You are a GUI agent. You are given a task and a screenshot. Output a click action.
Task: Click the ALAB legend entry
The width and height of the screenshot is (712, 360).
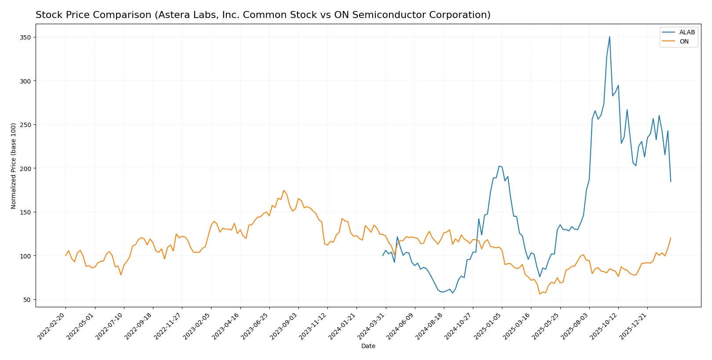pos(687,32)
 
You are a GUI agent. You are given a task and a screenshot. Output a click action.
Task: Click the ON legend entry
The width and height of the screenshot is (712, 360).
pos(684,41)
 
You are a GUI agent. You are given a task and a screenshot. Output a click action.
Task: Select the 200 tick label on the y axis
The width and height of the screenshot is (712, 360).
pos(25,168)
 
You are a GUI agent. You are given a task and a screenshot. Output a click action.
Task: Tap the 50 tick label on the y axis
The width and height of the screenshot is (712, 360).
pos(27,300)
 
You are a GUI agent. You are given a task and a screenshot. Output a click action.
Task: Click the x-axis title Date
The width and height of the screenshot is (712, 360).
pos(368,346)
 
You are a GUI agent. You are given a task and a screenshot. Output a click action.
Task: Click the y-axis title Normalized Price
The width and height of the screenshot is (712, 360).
pos(14,166)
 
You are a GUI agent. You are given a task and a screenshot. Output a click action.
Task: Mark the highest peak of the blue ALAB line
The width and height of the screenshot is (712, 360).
pos(610,36)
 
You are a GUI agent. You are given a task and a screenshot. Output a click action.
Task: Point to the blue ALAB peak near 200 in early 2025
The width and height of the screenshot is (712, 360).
pos(499,166)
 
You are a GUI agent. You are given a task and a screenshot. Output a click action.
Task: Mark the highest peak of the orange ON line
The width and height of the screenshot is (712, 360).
pos(283,190)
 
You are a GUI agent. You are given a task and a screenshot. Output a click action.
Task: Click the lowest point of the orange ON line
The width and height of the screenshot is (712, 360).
pos(540,294)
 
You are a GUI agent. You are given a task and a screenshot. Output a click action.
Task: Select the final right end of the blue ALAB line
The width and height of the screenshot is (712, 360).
pos(671,182)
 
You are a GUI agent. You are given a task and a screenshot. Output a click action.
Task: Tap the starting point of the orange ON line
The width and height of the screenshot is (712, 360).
pos(66,255)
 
